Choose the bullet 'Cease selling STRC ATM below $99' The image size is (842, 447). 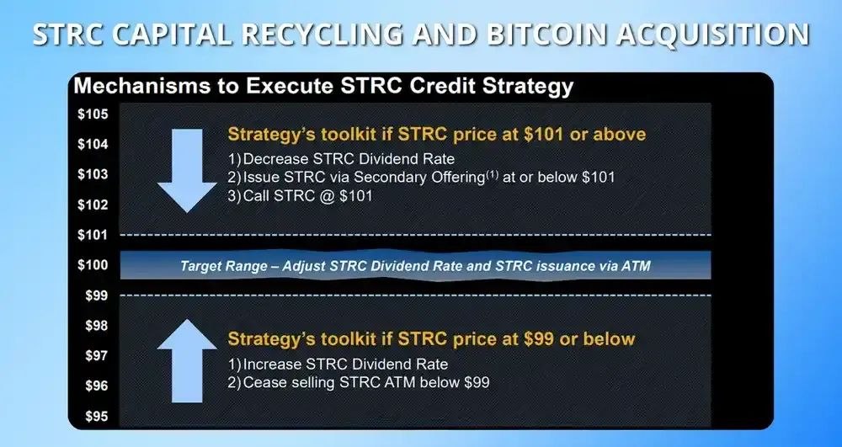tap(360, 384)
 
